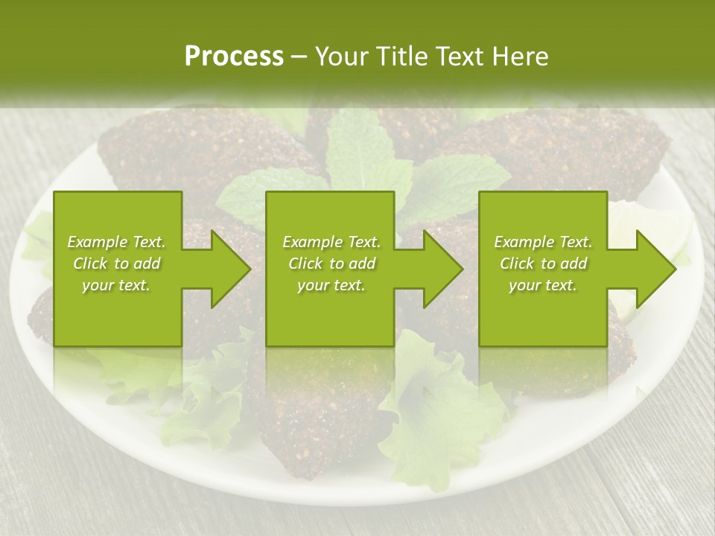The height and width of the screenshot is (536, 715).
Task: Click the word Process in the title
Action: point(234,56)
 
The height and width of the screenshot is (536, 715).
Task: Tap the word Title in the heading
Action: point(401,57)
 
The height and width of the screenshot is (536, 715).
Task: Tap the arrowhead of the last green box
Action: point(655,269)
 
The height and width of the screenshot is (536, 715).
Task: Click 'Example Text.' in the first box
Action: point(116,242)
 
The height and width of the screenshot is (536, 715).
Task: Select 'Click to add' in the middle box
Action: point(331,264)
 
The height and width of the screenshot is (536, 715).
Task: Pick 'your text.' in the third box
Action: point(543,285)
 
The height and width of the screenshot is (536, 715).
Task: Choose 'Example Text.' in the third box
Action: point(543,242)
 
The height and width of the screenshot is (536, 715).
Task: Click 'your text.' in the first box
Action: point(116,285)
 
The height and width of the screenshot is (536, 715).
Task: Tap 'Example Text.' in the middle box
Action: point(331,242)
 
